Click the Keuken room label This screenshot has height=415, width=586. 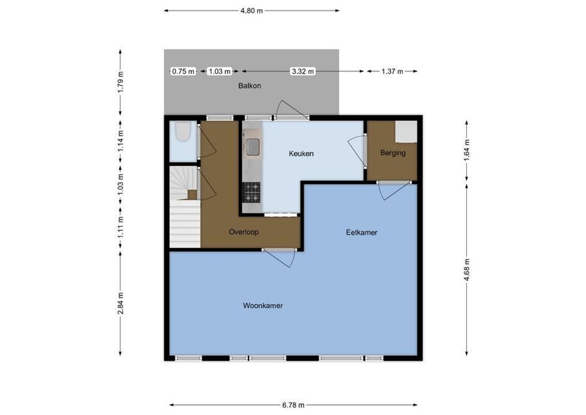pyautogui.click(x=301, y=154)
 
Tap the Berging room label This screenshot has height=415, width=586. pyautogui.click(x=392, y=153)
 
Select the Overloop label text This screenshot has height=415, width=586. pyautogui.click(x=244, y=232)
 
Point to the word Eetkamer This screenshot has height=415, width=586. pyautogui.click(x=362, y=233)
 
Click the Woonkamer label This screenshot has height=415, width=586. pyautogui.click(x=263, y=306)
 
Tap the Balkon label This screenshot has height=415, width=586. pyautogui.click(x=249, y=86)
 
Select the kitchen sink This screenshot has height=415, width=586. pyautogui.click(x=253, y=147)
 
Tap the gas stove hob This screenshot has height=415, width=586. pyautogui.click(x=252, y=192)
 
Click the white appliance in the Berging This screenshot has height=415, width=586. pyautogui.click(x=406, y=131)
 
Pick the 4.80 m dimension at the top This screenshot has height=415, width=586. pyautogui.click(x=252, y=10)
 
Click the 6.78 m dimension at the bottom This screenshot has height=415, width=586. pyautogui.click(x=293, y=405)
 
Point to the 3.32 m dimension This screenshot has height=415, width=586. pyautogui.click(x=303, y=72)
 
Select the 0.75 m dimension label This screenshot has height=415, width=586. pyautogui.click(x=183, y=72)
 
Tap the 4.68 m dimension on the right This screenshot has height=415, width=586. pyautogui.click(x=467, y=269)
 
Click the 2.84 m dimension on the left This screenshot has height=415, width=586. pyautogui.click(x=120, y=302)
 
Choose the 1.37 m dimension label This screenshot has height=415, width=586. pyautogui.click(x=392, y=72)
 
